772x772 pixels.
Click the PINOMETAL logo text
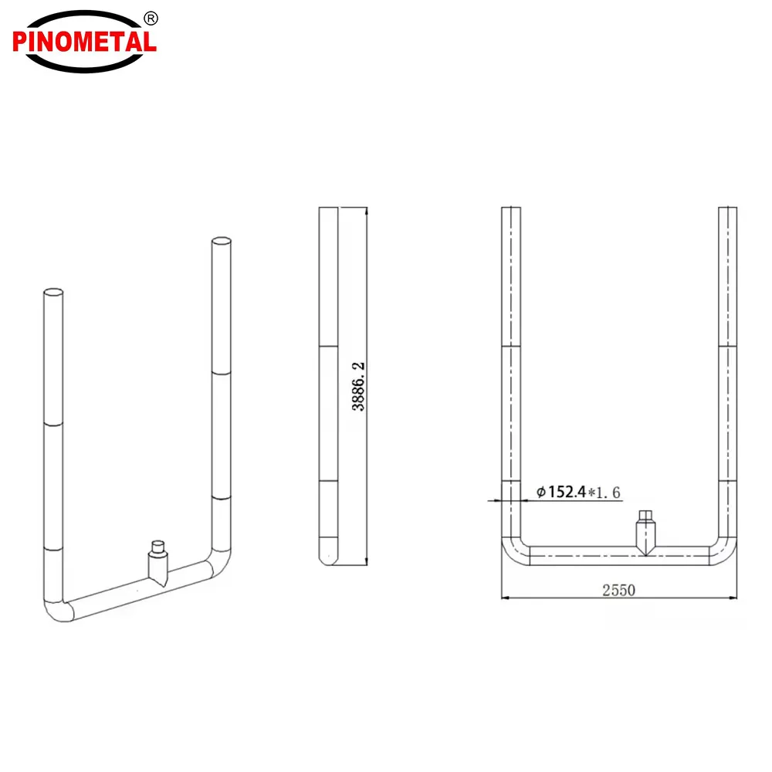[x=84, y=41]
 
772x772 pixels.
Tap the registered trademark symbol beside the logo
[x=151, y=18]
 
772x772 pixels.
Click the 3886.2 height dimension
[x=358, y=386]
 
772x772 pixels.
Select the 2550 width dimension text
[x=618, y=590]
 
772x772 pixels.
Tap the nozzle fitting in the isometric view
[x=158, y=564]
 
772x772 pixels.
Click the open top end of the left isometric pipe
[x=53, y=293]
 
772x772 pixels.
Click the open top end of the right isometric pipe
[x=221, y=242]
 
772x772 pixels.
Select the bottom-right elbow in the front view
[x=724, y=553]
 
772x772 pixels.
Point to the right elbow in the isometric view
[x=219, y=562]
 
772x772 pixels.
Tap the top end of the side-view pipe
[x=328, y=209]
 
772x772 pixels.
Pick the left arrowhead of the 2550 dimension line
[x=506, y=597]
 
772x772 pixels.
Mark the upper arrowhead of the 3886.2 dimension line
[x=366, y=211]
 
